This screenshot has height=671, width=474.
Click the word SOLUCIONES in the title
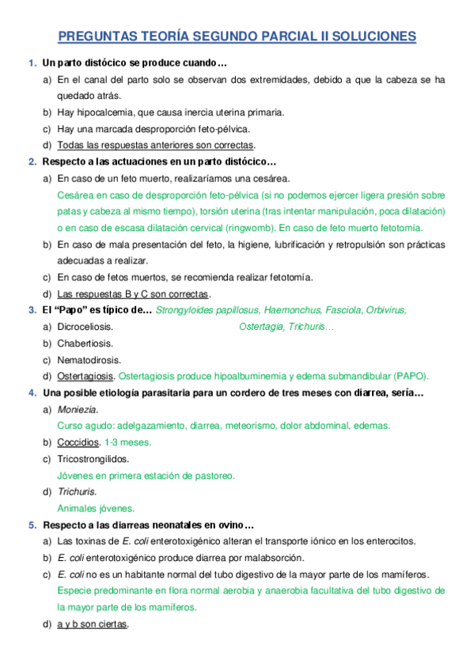[x=375, y=36]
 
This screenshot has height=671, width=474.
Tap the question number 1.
[x=31, y=63]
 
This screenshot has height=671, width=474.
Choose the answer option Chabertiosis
[x=85, y=343]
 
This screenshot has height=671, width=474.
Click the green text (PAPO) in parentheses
[x=402, y=376]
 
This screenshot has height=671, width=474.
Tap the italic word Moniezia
[x=78, y=409]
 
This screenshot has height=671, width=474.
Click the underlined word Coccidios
[x=78, y=442]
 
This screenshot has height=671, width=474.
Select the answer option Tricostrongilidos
[x=93, y=459]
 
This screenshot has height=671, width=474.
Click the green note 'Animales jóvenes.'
[x=96, y=508]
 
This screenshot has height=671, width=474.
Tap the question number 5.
[x=31, y=525]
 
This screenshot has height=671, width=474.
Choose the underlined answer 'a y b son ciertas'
[x=93, y=624]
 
